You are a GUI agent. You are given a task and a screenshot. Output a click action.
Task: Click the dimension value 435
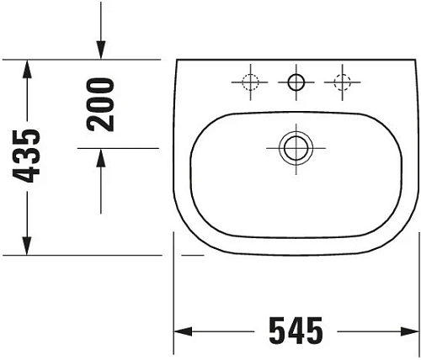29,156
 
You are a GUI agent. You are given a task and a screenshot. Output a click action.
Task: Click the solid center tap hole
296,82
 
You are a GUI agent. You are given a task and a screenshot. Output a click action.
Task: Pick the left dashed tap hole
249,82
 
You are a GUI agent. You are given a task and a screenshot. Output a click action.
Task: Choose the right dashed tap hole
342,82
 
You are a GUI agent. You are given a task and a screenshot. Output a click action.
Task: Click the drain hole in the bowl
295,148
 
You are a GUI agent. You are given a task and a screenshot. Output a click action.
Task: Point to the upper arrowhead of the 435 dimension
29,67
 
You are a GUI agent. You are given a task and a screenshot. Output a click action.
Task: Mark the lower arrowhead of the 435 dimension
29,246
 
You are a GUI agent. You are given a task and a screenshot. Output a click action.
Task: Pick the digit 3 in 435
29,156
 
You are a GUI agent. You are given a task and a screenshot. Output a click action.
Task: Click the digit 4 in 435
29,174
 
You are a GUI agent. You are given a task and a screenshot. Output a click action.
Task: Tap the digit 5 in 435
29,137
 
